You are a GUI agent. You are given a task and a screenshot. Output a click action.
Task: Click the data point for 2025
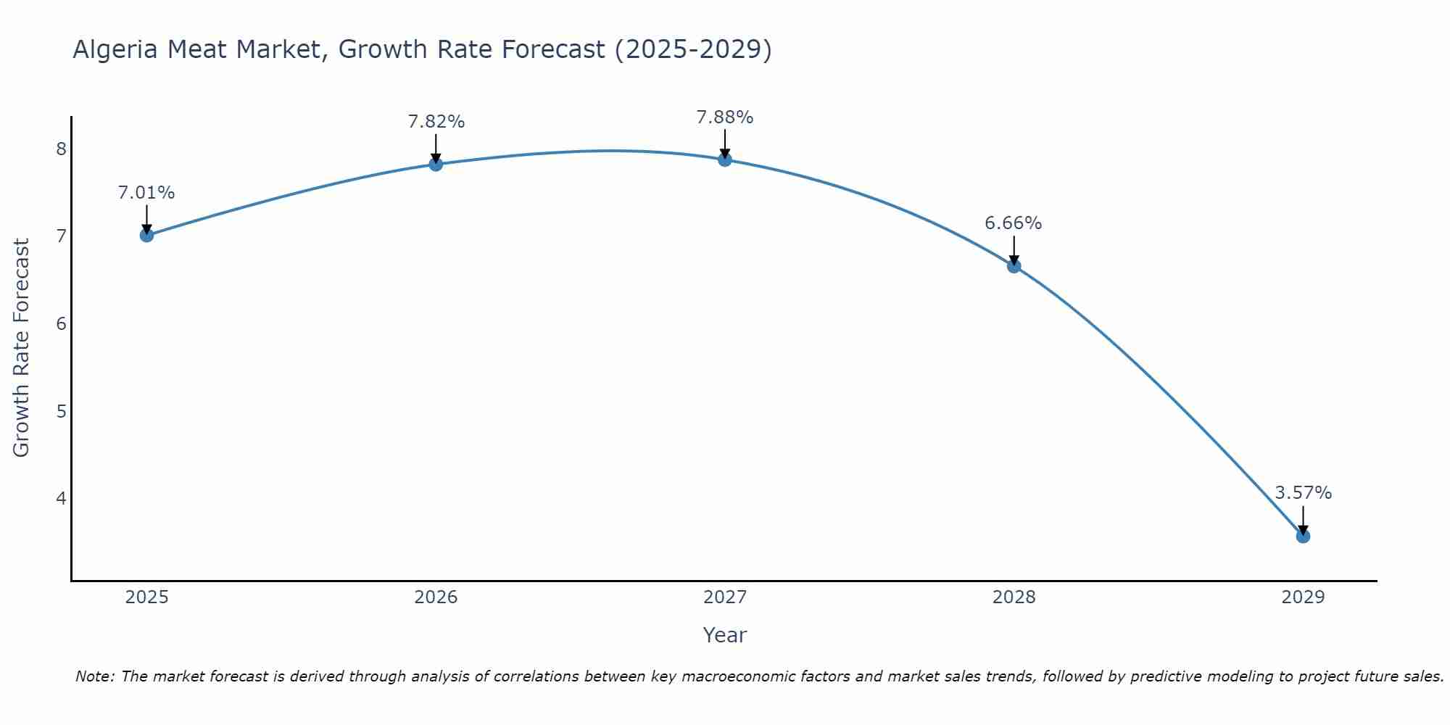pyautogui.click(x=146, y=235)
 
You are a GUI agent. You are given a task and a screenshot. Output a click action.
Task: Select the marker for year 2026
pyautogui.click(x=436, y=164)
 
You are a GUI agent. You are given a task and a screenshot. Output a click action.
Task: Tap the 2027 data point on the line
pyautogui.click(x=725, y=159)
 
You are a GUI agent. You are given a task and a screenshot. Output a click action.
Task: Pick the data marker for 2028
pyautogui.click(x=1014, y=266)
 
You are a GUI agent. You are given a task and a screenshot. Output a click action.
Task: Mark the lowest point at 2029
pyautogui.click(x=1303, y=536)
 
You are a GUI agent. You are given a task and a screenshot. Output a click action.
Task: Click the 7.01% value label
pyautogui.click(x=146, y=193)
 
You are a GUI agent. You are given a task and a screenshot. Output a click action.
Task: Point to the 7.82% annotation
pyautogui.click(x=436, y=122)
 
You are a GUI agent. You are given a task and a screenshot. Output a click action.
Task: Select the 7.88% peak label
pyautogui.click(x=725, y=117)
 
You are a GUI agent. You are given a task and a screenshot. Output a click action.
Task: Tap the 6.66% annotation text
pyautogui.click(x=1014, y=223)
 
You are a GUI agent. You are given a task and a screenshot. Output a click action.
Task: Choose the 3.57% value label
pyautogui.click(x=1303, y=493)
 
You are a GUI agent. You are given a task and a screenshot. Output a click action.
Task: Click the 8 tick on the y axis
pyautogui.click(x=61, y=149)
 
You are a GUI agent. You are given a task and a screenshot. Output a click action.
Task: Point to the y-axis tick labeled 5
pyautogui.click(x=61, y=411)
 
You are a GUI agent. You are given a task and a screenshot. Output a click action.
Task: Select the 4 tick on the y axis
pyautogui.click(x=61, y=498)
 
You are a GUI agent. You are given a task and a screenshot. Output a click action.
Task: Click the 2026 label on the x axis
pyautogui.click(x=436, y=597)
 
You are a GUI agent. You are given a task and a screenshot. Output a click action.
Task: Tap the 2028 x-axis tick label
pyautogui.click(x=1014, y=597)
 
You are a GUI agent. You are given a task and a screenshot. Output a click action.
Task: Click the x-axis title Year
pyautogui.click(x=725, y=635)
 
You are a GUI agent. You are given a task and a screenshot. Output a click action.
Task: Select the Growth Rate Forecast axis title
pyautogui.click(x=22, y=348)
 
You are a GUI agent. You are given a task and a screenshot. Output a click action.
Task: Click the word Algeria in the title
pyautogui.click(x=115, y=49)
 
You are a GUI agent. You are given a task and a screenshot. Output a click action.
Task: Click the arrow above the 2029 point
pyautogui.click(x=1303, y=520)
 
